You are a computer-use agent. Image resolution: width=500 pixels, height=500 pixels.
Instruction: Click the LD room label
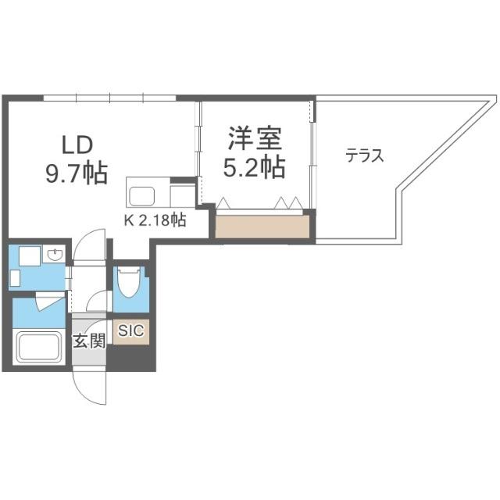[x=78, y=145]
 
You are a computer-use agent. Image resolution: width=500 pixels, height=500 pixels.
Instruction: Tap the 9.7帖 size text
[x=76, y=171]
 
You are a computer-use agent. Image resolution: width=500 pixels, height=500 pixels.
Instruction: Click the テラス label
[x=364, y=155]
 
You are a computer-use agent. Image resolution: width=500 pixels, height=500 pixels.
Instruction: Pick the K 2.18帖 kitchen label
[x=155, y=220]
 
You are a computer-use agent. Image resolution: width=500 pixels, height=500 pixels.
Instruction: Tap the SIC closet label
[x=130, y=330]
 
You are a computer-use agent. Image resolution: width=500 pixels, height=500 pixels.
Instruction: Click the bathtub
[x=39, y=346]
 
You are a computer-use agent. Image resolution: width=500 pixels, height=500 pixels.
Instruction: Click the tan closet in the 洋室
[x=262, y=227]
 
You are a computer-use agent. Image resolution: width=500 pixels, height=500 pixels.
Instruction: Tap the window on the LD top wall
[x=109, y=98]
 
